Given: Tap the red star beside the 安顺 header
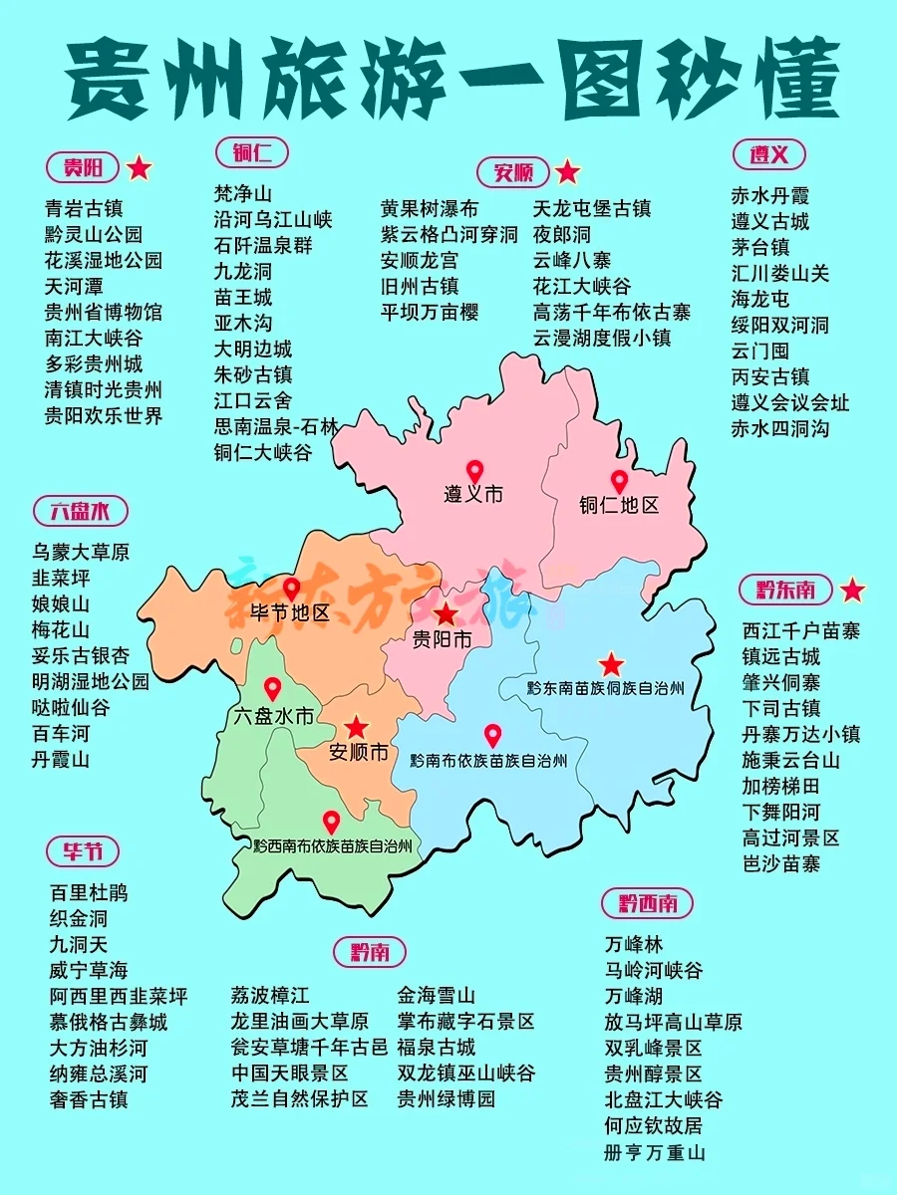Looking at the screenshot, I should point(567,172).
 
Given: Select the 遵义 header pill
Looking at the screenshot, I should point(768,154).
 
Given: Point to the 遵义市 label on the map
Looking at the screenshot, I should point(473,493).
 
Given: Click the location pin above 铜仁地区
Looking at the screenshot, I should point(619,481).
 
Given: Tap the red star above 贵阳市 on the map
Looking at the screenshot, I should point(446,613).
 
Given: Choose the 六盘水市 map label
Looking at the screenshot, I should point(272,715).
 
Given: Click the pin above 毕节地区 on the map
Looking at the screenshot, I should point(291,589).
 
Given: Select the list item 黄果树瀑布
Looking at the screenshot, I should point(430,209).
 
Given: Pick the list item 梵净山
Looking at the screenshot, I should point(243,193).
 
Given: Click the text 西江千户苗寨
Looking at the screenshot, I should point(801,630).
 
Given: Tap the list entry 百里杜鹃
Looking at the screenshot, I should point(89,892).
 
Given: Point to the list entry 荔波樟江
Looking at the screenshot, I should point(270,996).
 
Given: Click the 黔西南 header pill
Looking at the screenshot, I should point(648,903).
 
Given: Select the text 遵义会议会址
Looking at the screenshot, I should point(790,402).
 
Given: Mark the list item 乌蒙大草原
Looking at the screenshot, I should point(81,552).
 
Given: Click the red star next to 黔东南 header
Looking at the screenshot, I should point(852,591).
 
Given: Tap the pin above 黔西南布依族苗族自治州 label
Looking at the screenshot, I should point(331,822).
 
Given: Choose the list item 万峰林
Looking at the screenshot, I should point(634,944).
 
